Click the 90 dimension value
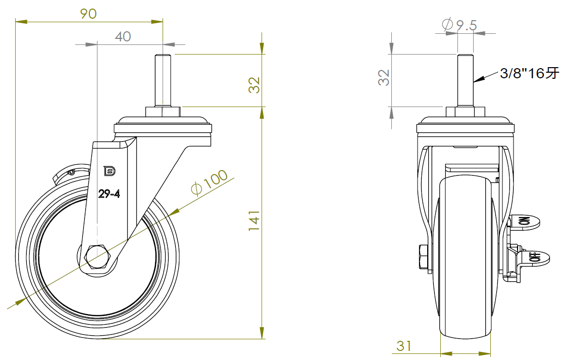tap(88, 14)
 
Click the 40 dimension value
tap(123, 37)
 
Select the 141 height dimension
tap(254, 220)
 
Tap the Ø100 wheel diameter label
tap(210, 182)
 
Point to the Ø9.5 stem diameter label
tap(459, 25)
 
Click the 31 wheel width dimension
tap(404, 346)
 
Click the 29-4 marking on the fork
tap(109, 194)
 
